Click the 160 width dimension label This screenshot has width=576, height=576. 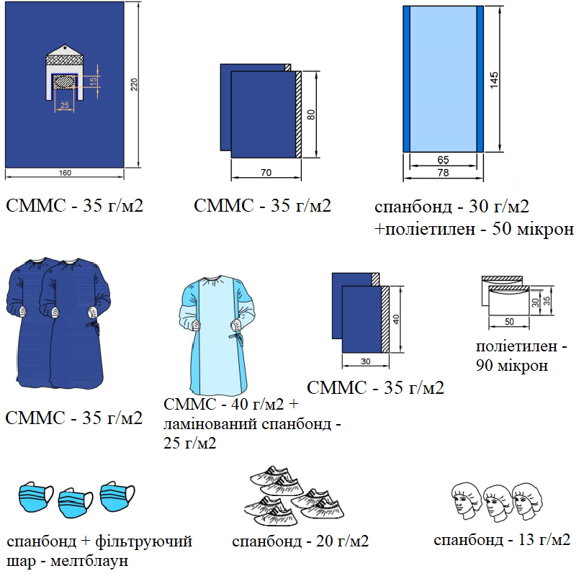pyautogui.click(x=65, y=173)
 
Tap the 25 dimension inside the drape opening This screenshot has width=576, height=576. pyautogui.click(x=65, y=106)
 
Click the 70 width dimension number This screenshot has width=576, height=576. pyautogui.click(x=265, y=173)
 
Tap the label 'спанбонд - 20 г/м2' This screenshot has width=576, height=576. pyautogui.click(x=300, y=541)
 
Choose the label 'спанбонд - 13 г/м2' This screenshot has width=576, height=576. pyautogui.click(x=502, y=540)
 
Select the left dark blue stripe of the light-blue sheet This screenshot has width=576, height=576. pyautogui.click(x=406, y=77)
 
